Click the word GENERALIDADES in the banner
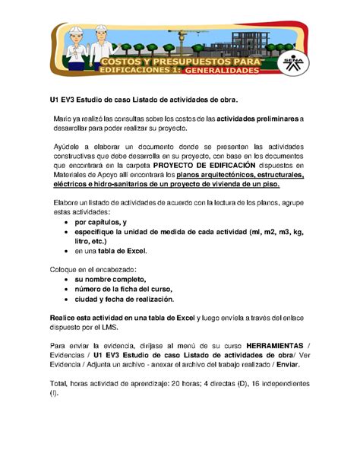[x=222, y=71]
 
